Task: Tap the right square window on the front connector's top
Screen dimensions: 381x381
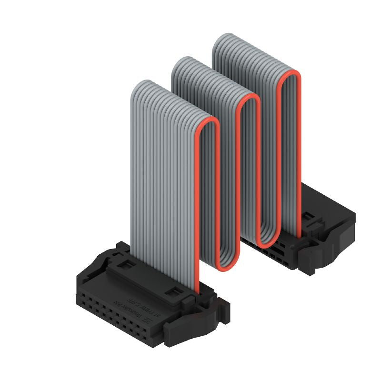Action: pyautogui.click(x=175, y=292)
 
